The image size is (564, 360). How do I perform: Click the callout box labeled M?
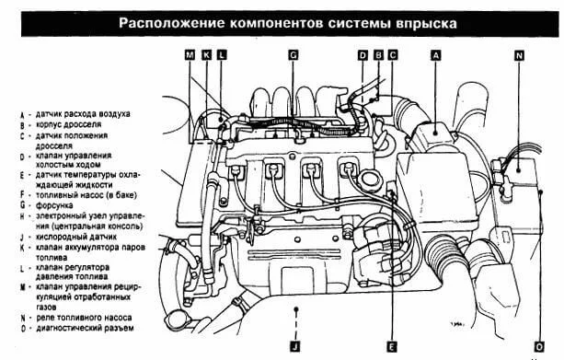click(x=190, y=55)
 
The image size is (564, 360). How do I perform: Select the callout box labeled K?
click(x=206, y=55)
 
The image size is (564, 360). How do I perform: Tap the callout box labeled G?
click(x=294, y=55)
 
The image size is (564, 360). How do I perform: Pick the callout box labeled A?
click(x=435, y=55)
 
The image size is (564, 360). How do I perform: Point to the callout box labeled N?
click(x=519, y=56)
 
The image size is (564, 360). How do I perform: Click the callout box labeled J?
click(x=295, y=347)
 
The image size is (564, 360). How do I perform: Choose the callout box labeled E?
click(x=392, y=347)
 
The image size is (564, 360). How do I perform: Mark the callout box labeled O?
click(x=539, y=347)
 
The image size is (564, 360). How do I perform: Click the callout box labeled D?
click(x=363, y=55)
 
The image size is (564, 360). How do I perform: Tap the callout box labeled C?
click(x=393, y=55)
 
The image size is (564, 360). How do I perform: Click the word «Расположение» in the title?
click(x=172, y=23)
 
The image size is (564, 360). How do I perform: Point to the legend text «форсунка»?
click(x=54, y=205)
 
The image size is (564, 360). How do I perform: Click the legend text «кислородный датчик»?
click(x=76, y=237)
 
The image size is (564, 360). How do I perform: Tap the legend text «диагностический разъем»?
click(x=85, y=329)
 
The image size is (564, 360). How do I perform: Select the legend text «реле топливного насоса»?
click(x=84, y=318)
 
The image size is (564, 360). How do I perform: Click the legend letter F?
click(x=22, y=195)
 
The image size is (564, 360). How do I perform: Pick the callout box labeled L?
click(x=222, y=55)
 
